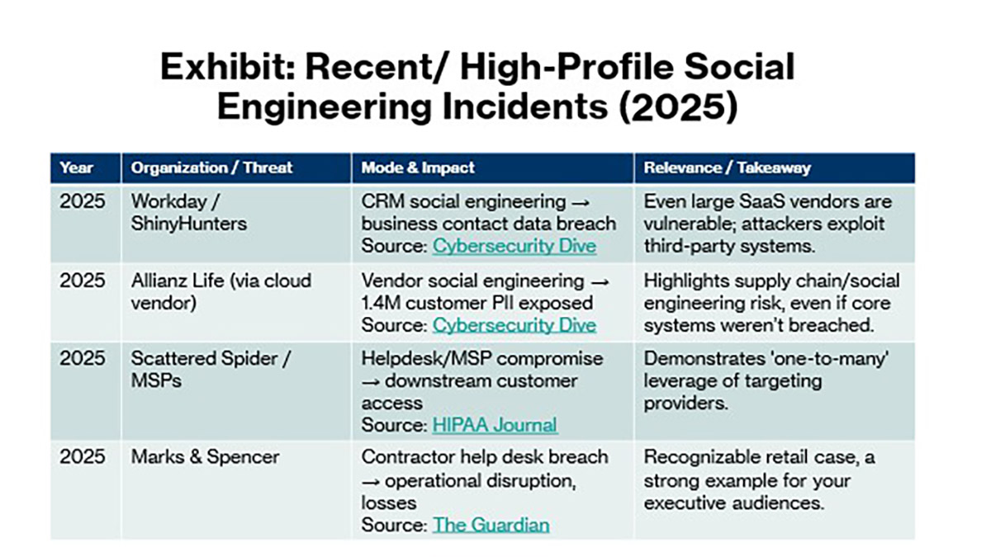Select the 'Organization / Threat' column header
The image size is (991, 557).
click(211, 168)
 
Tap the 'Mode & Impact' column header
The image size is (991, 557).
click(418, 168)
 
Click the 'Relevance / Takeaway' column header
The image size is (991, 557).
click(727, 168)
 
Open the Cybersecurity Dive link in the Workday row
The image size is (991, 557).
click(514, 245)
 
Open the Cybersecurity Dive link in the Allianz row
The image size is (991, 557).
click(514, 324)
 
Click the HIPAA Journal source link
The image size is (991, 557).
click(495, 425)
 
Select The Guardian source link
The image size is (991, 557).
click(491, 525)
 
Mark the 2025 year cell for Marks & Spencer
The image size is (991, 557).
click(83, 456)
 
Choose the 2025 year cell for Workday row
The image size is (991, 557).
click(83, 201)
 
